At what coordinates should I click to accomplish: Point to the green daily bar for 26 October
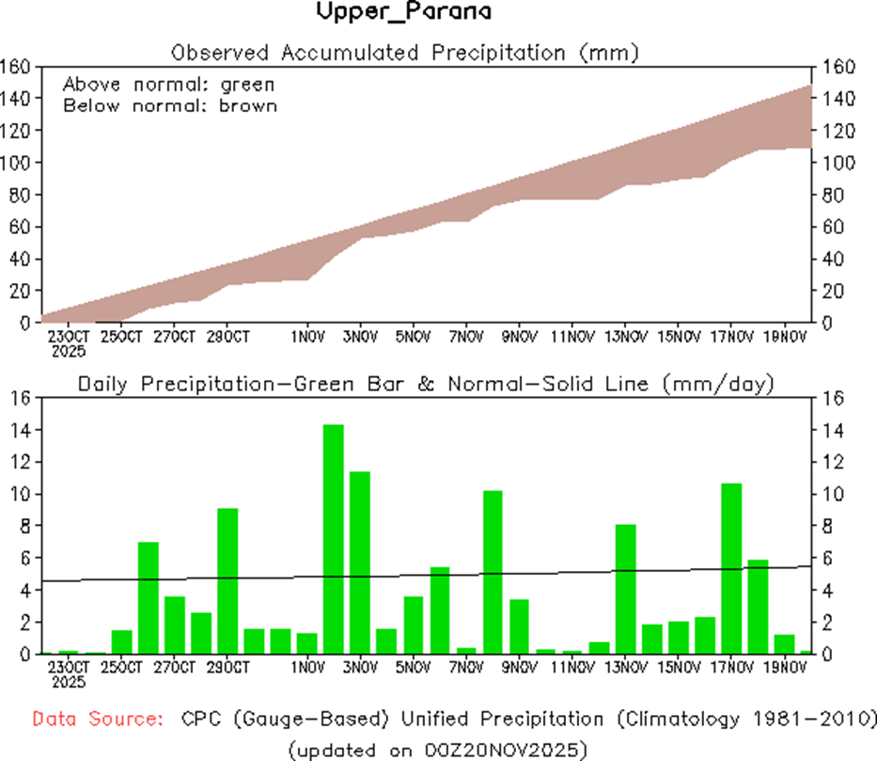coord(149,597)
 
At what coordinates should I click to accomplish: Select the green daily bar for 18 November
coord(759,607)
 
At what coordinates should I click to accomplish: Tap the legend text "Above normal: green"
coord(168,84)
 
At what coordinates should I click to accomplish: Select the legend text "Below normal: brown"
coord(169,105)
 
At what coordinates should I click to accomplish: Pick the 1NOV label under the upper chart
coord(307,336)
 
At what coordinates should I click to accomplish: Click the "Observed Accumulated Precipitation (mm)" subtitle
coord(405,53)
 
